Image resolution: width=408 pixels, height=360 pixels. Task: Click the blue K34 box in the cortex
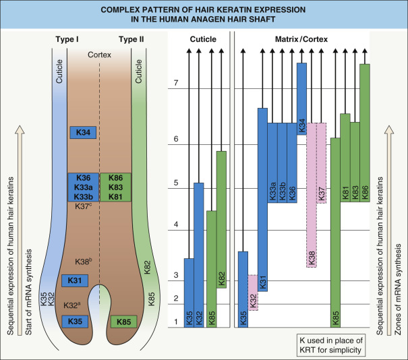click(84, 132)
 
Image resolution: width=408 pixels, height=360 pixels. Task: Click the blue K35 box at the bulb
click(75, 322)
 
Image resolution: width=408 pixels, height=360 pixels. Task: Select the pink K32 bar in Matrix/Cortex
click(253, 293)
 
